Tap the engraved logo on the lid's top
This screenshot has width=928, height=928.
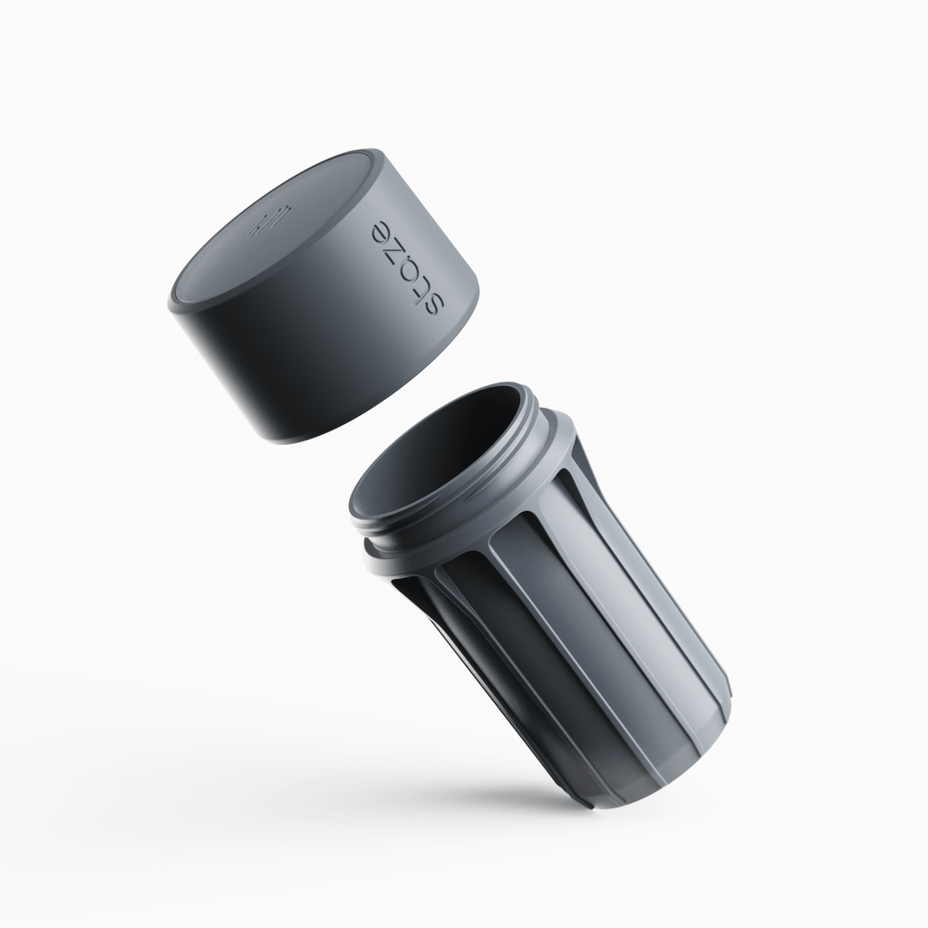click(x=269, y=220)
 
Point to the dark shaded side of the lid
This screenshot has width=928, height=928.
click(x=299, y=362)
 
